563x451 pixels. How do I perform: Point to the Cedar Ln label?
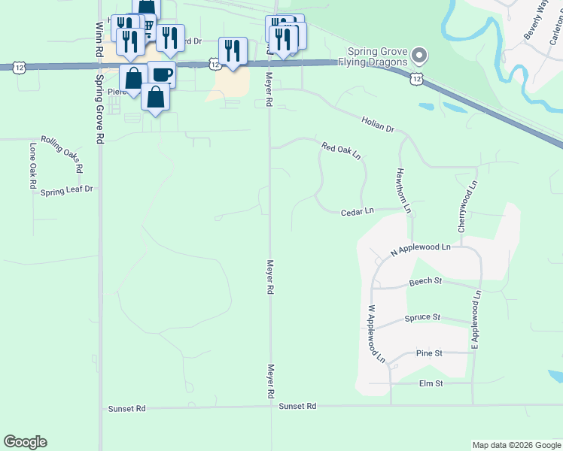click(x=358, y=212)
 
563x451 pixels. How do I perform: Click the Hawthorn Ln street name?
click(x=403, y=189)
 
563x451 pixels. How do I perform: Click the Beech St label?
click(x=425, y=282)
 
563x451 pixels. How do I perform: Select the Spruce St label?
click(x=421, y=318)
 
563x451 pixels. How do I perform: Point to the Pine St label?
click(x=428, y=353)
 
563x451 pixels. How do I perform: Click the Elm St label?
click(x=431, y=383)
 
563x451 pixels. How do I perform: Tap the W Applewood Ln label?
click(x=376, y=334)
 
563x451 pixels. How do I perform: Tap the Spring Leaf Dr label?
click(x=66, y=190)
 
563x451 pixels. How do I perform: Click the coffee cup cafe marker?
click(x=162, y=74)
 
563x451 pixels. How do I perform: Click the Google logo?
click(x=25, y=442)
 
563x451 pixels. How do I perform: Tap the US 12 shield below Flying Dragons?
click(x=417, y=78)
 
